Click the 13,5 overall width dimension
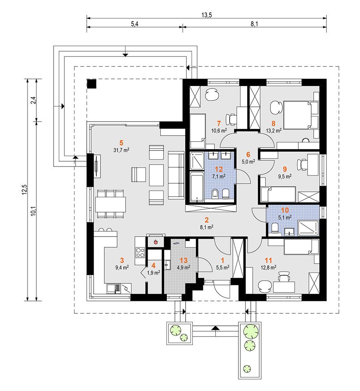(206, 15)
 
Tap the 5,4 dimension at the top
(135, 24)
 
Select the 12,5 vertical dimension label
(24, 190)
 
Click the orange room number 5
(121, 143)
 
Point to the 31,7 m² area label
(121, 150)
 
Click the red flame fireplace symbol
(156, 242)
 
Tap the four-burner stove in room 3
(140, 253)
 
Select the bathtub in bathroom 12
(197, 186)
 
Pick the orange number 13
(184, 261)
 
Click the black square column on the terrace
(92, 84)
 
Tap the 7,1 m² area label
(219, 176)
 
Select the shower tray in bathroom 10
(309, 228)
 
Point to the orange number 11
(268, 261)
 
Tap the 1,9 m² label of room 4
(153, 273)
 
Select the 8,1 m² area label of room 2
(206, 227)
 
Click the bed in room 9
(278, 194)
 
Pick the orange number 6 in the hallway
(248, 154)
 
